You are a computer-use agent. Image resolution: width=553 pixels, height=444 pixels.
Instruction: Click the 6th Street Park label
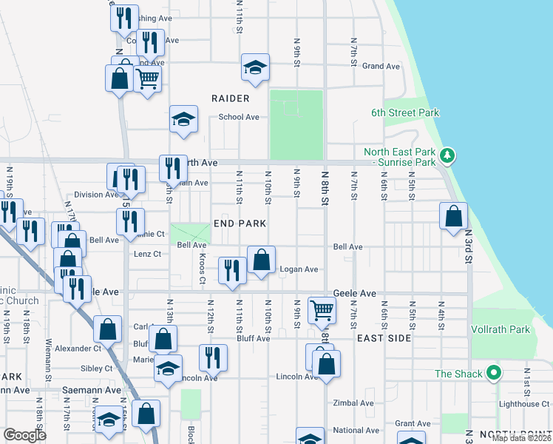pyautogui.click(x=405, y=112)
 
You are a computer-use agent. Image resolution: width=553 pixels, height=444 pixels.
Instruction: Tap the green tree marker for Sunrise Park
pyautogui.click(x=447, y=155)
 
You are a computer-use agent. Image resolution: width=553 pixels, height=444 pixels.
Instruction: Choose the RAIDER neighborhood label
pyautogui.click(x=230, y=98)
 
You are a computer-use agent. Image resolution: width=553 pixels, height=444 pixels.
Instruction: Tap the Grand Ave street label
pyautogui.click(x=381, y=66)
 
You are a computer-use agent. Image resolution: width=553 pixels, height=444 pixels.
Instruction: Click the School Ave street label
pyautogui.click(x=238, y=117)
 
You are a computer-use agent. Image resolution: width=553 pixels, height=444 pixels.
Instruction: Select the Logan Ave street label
pyautogui.click(x=299, y=269)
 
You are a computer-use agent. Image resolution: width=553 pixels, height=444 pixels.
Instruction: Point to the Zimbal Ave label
pyautogui.click(x=353, y=403)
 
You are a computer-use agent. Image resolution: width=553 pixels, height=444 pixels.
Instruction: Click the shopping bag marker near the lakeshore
pyautogui.click(x=453, y=216)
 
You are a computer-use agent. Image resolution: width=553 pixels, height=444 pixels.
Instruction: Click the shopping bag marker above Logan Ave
pyautogui.click(x=261, y=259)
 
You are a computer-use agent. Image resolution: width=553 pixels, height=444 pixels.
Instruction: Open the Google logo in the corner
pyautogui.click(x=24, y=435)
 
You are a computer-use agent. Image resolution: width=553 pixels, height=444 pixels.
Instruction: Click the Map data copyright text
pyautogui.click(x=521, y=438)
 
